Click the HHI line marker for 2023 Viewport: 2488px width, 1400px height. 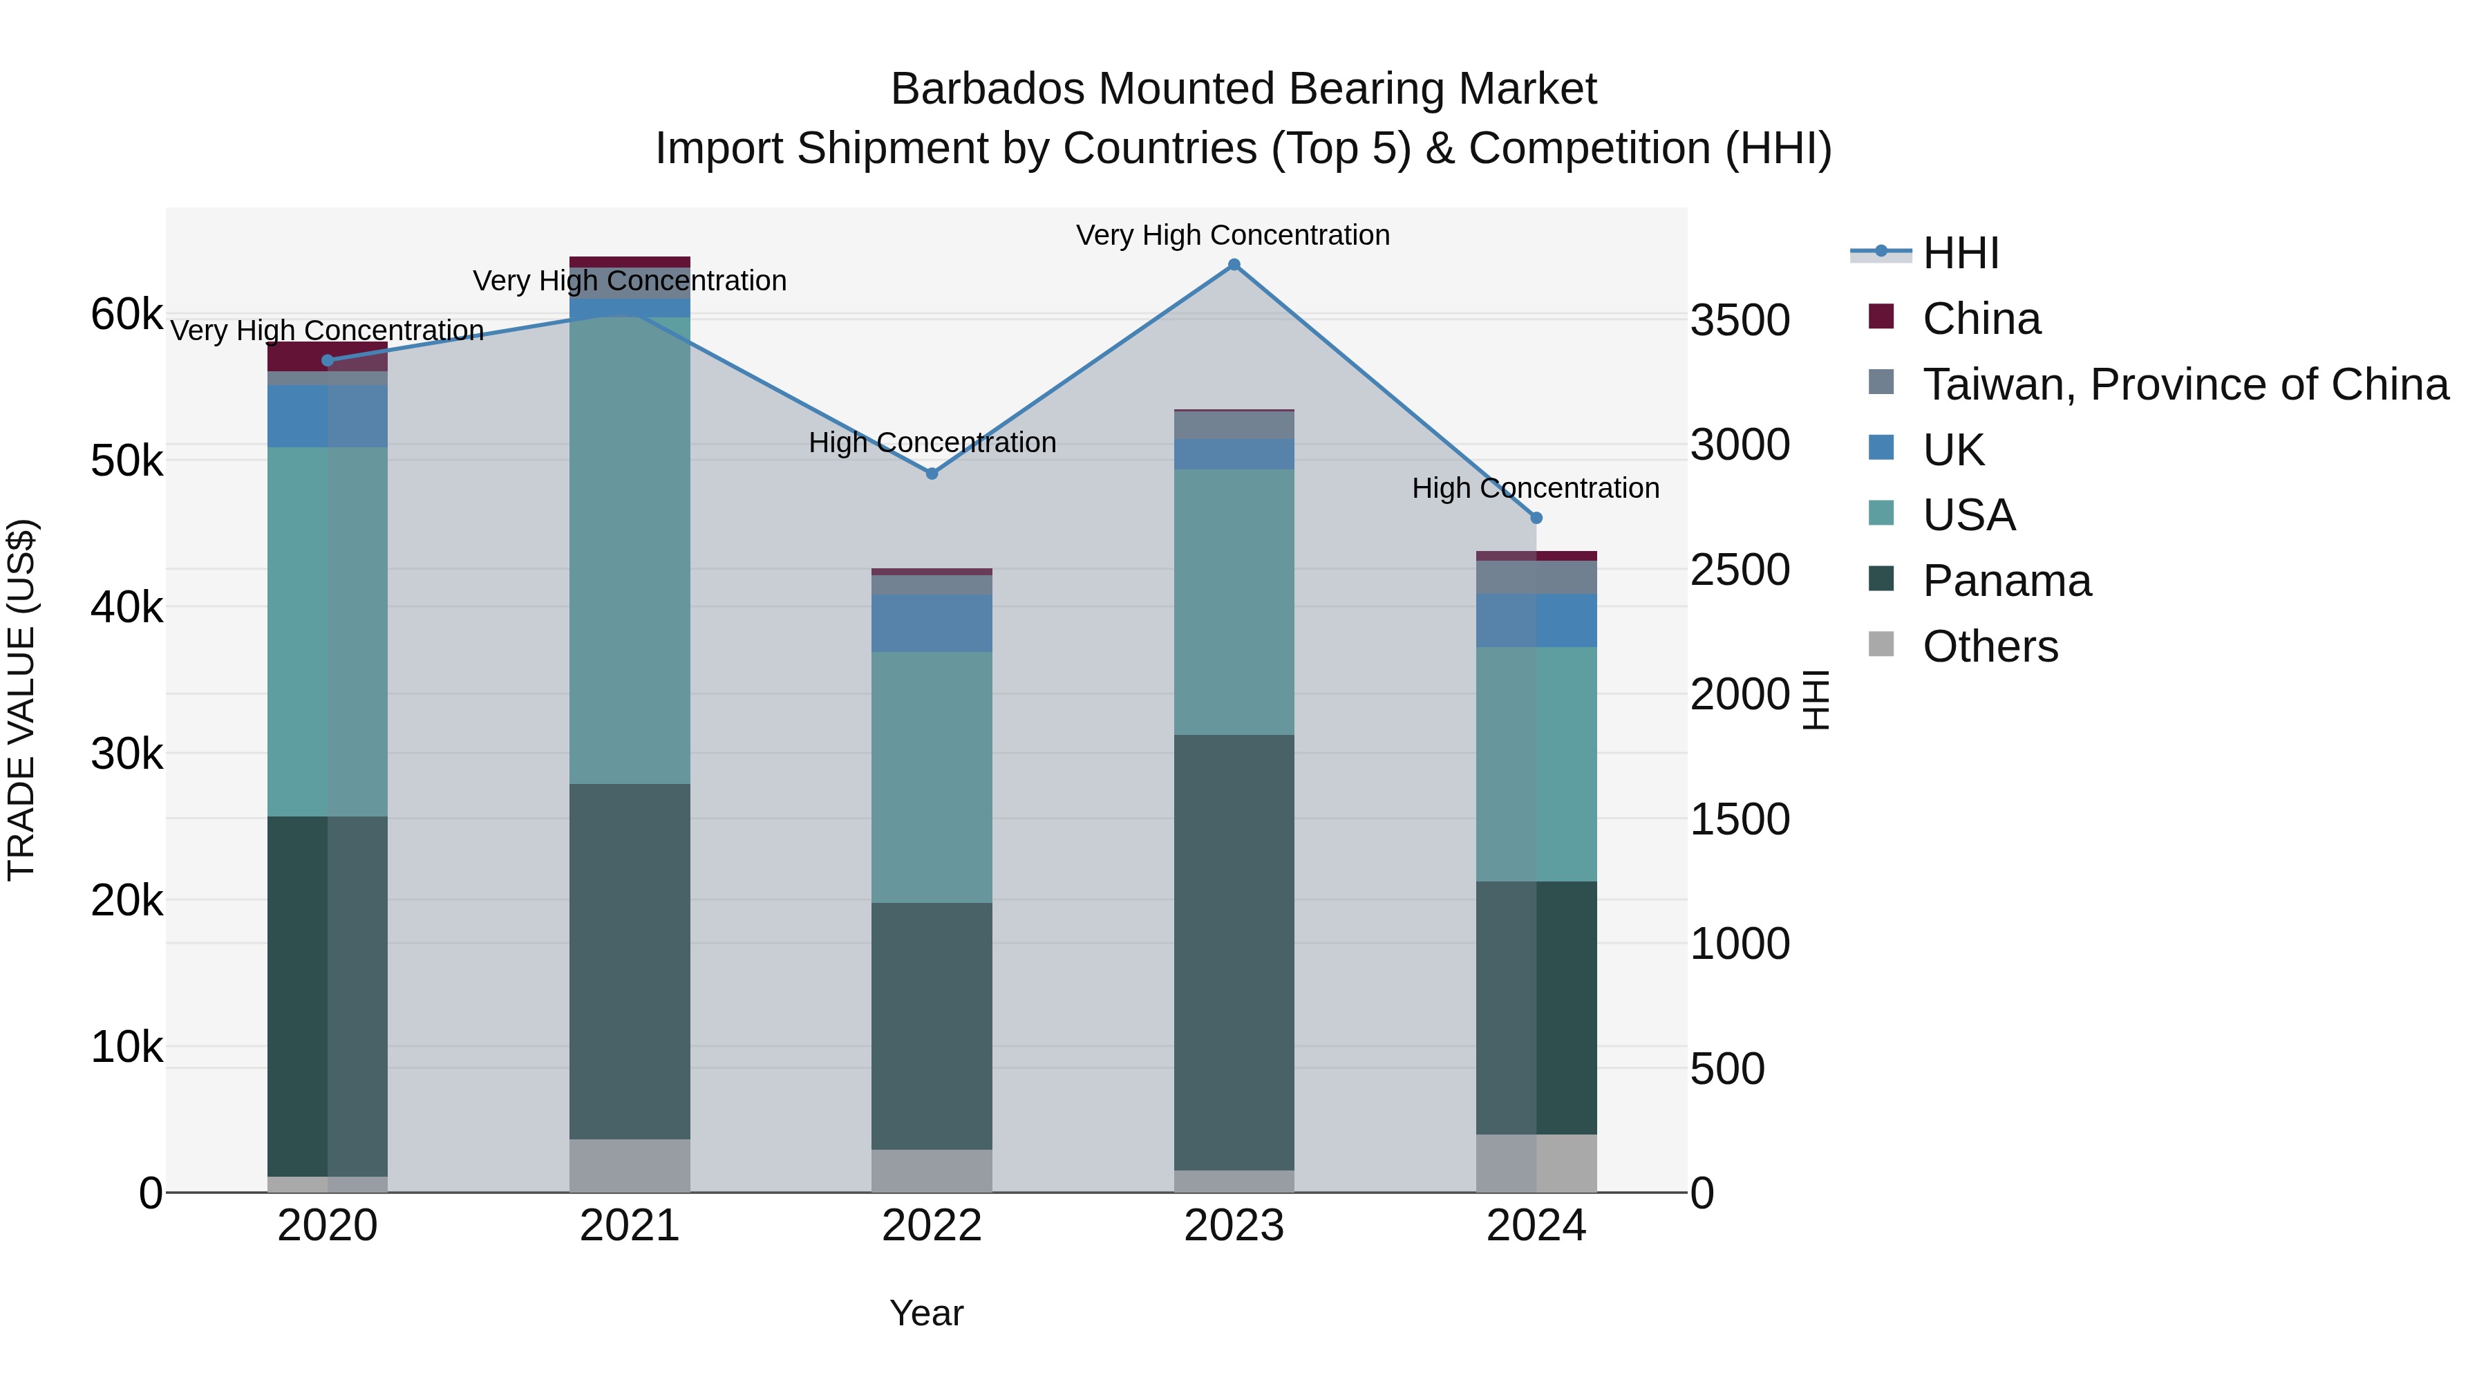tap(1234, 265)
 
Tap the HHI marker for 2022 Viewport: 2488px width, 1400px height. tap(931, 474)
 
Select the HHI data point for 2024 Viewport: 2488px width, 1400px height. tap(1536, 518)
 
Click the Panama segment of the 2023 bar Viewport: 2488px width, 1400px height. tap(1234, 952)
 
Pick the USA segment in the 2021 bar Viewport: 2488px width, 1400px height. tap(629, 551)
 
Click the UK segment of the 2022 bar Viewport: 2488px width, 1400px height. tap(931, 623)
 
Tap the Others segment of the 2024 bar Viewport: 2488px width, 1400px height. tap(1536, 1164)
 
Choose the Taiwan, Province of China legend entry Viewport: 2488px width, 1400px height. tap(2185, 384)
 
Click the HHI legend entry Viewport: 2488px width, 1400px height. tap(1960, 253)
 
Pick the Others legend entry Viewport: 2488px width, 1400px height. tap(1990, 646)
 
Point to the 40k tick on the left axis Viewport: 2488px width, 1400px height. tap(126, 608)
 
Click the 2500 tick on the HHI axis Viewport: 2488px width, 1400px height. tap(1740, 570)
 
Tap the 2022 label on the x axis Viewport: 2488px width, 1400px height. tap(931, 1226)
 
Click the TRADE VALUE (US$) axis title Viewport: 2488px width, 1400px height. tap(21, 700)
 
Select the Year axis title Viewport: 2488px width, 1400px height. tap(925, 1313)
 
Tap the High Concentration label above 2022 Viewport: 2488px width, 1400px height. tap(931, 442)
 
